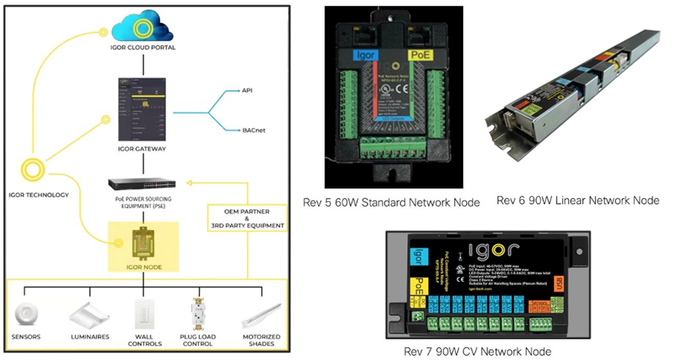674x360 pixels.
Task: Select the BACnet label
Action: pyautogui.click(x=252, y=130)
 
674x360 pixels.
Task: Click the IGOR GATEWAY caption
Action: pyautogui.click(x=143, y=149)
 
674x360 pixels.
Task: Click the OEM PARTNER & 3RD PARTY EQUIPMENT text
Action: pyautogui.click(x=247, y=218)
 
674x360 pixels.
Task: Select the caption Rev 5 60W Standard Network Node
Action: pyautogui.click(x=391, y=203)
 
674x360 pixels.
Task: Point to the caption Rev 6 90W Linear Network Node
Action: pyautogui.click(x=577, y=200)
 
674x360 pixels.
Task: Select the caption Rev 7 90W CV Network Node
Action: pyautogui.click(x=477, y=351)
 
